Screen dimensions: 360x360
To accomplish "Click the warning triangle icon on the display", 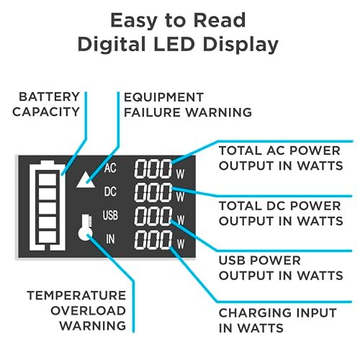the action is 86,180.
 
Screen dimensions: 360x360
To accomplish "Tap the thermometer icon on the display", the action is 86,228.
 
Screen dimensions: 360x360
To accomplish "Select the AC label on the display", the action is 110,168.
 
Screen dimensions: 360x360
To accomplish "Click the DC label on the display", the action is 110,192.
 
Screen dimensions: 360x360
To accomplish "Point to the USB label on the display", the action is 110,215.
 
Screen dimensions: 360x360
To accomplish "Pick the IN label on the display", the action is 110,239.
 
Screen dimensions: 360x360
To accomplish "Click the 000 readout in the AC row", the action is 153,169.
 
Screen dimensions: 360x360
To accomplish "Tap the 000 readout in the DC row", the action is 153,192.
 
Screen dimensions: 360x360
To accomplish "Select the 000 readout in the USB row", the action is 153,216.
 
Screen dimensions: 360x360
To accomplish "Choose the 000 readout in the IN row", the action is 153,240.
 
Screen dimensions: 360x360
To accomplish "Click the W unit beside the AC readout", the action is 181,174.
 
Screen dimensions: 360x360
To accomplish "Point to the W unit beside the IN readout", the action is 181,244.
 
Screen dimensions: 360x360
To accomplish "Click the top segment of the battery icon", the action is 48,179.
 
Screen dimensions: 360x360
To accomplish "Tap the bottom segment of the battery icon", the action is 48,237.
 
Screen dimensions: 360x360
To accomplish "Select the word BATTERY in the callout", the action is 49,97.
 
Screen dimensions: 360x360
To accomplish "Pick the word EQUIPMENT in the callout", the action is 163,97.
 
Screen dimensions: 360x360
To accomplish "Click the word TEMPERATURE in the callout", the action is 76,295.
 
